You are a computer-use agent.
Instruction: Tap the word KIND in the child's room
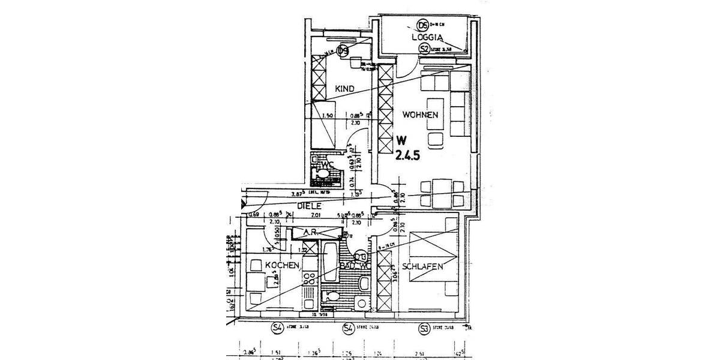344,89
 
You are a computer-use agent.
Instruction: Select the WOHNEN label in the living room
421,115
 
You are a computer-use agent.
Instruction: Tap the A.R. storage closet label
310,232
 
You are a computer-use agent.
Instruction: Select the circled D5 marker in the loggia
422,25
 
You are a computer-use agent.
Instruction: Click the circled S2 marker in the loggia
424,49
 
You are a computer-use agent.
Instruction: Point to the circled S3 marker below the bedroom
424,328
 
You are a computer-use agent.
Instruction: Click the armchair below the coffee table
436,139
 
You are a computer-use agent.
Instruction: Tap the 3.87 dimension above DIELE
296,194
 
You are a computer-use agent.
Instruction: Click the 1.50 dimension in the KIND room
328,116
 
